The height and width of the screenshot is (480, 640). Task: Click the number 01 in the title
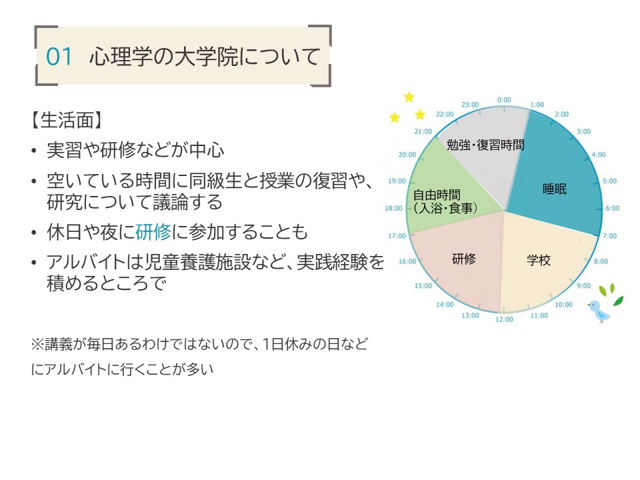(59, 56)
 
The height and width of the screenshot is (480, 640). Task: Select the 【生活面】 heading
(67, 121)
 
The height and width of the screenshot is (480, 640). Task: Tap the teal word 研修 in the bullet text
(153, 232)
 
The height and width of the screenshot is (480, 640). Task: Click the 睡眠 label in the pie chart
(555, 189)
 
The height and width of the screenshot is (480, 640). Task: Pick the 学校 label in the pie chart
(539, 260)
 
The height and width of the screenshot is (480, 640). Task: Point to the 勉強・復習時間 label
(485, 145)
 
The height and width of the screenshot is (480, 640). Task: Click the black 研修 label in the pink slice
(464, 259)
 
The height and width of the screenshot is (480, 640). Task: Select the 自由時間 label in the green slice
(437, 195)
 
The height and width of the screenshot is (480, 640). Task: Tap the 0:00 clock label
(504, 99)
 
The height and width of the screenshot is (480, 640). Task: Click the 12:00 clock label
(504, 319)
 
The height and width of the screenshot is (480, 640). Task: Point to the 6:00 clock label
(612, 208)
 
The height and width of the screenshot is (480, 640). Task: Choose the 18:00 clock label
(393, 208)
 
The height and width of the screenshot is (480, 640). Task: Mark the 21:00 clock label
(423, 131)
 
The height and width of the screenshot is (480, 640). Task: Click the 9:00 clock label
(584, 286)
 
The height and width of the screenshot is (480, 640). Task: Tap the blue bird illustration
(599, 311)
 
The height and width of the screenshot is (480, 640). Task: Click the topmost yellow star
(409, 97)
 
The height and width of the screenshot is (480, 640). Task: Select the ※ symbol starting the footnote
(37, 345)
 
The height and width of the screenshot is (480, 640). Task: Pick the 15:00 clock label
(423, 286)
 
